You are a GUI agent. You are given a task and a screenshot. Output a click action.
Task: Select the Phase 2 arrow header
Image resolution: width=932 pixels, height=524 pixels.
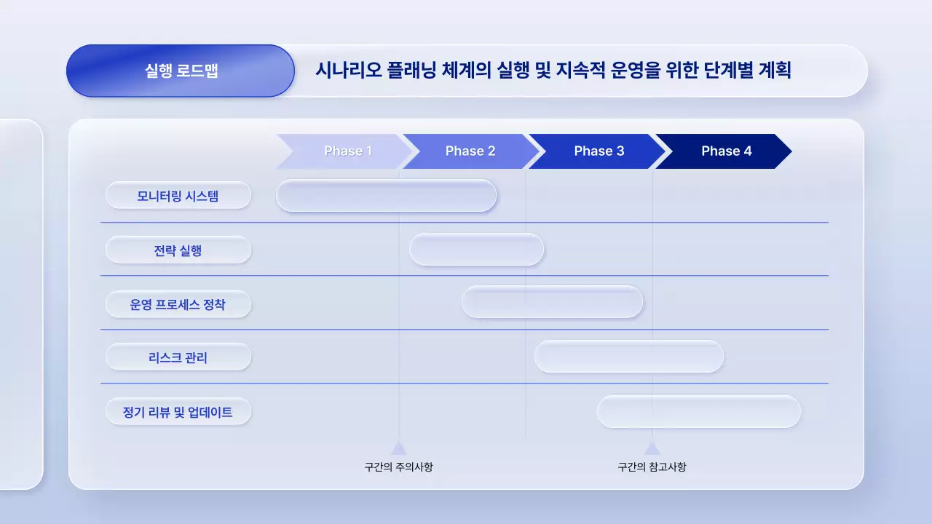tap(470, 151)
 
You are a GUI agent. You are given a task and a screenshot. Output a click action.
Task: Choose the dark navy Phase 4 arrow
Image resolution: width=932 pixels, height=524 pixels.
tap(725, 151)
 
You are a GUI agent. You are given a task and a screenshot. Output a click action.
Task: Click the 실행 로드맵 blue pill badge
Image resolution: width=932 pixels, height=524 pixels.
tap(181, 71)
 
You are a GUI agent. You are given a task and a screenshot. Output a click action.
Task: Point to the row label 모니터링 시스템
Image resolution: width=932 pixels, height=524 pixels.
tap(178, 196)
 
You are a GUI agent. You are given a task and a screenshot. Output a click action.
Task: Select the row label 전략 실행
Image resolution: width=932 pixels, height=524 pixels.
tap(178, 250)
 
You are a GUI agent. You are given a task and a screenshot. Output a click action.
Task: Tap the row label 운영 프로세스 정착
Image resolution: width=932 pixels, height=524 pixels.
tap(178, 304)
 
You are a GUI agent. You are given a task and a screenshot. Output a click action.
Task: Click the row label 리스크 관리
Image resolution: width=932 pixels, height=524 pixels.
tap(178, 357)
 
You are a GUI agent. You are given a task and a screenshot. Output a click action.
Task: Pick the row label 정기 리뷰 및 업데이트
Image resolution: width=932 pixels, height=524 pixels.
tap(178, 412)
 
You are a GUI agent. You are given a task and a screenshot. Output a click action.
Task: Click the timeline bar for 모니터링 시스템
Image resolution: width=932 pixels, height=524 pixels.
tap(386, 196)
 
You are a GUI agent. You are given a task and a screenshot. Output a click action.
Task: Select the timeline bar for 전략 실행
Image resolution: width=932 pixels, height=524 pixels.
tap(476, 250)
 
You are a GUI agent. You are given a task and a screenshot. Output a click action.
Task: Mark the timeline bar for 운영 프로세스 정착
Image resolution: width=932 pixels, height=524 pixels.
tap(552, 302)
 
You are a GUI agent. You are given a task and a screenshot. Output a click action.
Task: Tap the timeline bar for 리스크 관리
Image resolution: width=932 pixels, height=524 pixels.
tap(629, 357)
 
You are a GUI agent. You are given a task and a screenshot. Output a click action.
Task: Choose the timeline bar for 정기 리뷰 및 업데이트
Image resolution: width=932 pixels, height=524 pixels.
tap(699, 412)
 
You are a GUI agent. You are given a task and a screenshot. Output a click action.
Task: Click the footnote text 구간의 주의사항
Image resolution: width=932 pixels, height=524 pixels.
tap(398, 467)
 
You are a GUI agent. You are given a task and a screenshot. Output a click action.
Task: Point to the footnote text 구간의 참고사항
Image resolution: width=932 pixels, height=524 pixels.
tap(652, 467)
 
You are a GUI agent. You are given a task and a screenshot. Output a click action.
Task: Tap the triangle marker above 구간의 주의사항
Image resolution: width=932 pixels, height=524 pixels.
tap(398, 448)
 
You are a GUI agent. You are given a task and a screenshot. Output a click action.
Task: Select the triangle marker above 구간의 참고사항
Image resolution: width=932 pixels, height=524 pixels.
tap(652, 448)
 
